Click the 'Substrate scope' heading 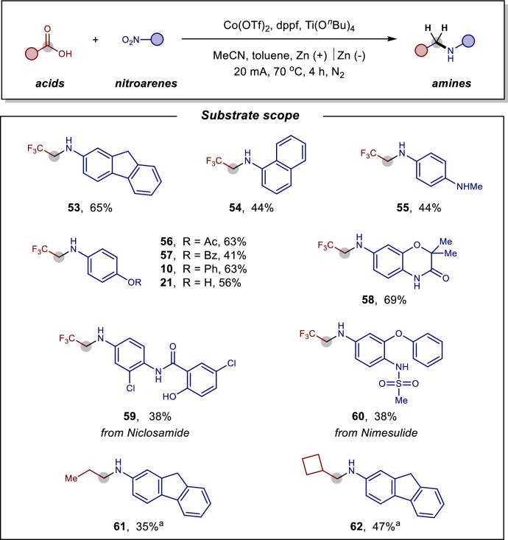(x=253, y=116)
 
